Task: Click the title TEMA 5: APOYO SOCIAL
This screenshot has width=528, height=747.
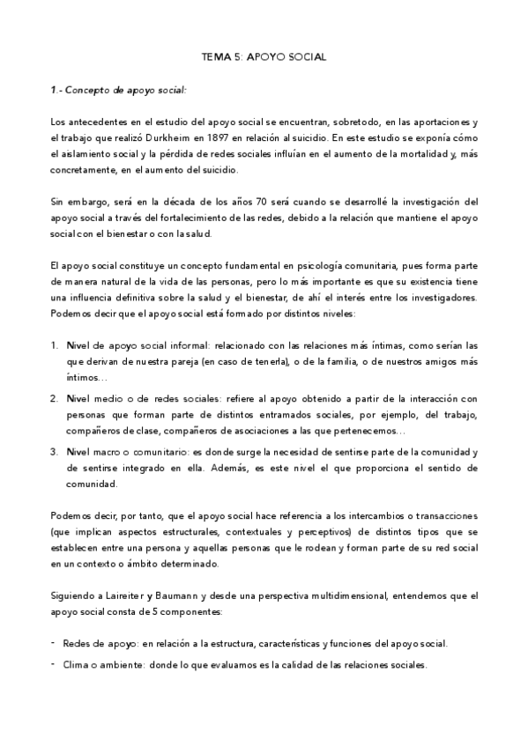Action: [x=264, y=56]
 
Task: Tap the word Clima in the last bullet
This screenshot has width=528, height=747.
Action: [x=77, y=665]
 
